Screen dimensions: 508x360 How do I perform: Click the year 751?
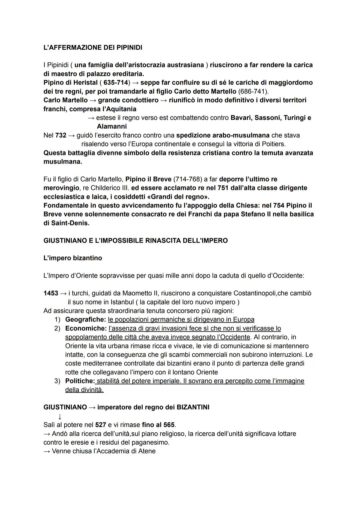pos(223,188)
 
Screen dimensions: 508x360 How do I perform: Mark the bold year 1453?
pos(51,293)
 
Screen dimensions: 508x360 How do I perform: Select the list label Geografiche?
pos(85,319)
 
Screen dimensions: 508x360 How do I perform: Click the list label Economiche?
pos(86,328)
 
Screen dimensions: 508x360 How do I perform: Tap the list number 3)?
pos(58,381)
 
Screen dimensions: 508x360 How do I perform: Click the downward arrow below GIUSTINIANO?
pos(60,416)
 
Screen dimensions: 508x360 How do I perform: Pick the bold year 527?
pos(100,425)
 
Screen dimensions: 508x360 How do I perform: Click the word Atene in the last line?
pos(147,451)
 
